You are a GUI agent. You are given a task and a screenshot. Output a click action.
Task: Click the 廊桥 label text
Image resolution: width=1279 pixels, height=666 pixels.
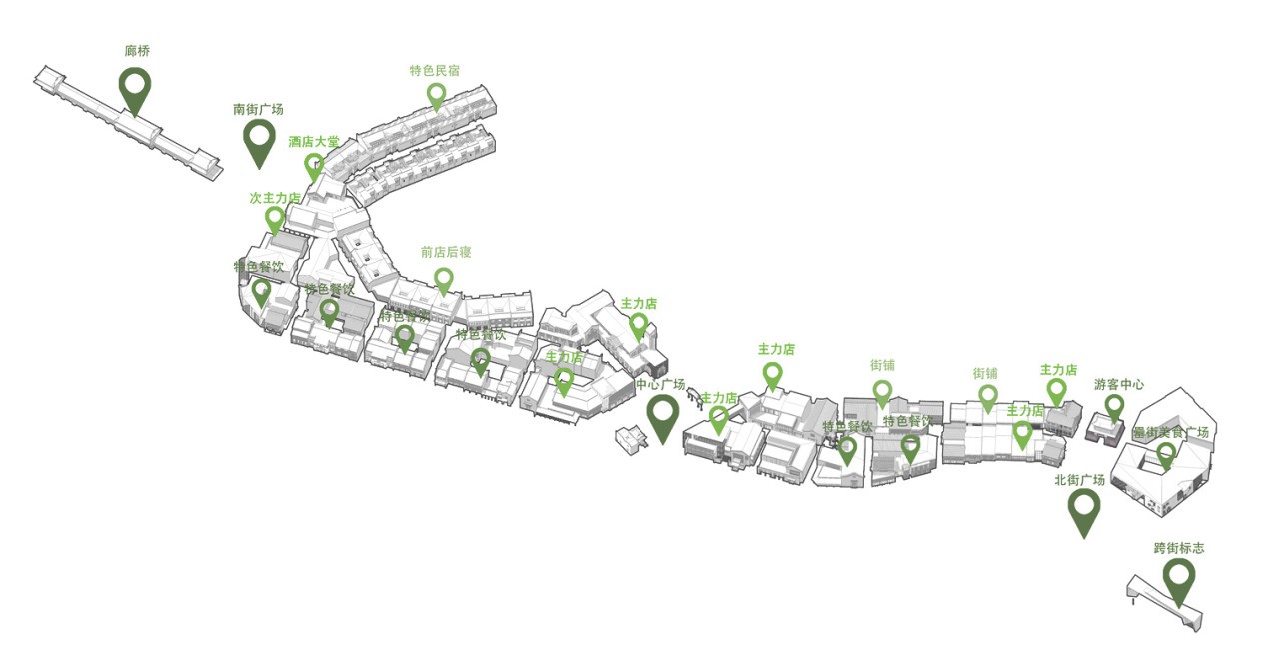click(x=138, y=50)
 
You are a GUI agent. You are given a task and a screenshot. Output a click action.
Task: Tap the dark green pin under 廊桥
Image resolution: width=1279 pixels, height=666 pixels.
click(x=135, y=88)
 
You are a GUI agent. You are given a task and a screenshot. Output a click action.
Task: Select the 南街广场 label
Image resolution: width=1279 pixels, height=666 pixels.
click(x=258, y=109)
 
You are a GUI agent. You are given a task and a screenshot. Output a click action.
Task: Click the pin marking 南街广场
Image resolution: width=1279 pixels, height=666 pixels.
click(x=259, y=140)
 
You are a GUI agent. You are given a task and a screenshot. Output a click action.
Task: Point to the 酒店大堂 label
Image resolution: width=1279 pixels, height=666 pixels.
click(x=314, y=142)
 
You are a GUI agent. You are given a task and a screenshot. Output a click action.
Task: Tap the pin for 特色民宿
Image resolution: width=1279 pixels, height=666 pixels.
click(x=436, y=95)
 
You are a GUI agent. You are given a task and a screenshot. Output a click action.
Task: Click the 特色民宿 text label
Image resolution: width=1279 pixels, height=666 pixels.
click(x=435, y=71)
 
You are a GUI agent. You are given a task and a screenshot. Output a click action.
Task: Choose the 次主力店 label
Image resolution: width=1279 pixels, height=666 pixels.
click(x=275, y=198)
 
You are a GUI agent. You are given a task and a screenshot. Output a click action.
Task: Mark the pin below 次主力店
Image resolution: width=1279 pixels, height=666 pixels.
click(x=275, y=219)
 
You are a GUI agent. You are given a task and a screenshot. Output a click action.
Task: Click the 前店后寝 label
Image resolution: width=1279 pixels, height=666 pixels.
click(x=446, y=252)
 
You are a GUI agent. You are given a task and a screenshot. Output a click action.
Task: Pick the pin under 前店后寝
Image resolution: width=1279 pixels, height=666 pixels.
click(x=444, y=279)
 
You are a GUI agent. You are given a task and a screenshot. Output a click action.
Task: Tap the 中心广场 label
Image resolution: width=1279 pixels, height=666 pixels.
click(x=660, y=384)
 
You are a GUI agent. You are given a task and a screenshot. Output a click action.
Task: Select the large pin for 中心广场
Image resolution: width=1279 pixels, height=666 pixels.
click(x=663, y=415)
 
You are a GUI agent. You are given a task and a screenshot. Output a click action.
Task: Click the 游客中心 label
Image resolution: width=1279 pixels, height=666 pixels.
click(x=1118, y=384)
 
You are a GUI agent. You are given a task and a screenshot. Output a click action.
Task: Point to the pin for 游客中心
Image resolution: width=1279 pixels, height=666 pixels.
click(x=1114, y=406)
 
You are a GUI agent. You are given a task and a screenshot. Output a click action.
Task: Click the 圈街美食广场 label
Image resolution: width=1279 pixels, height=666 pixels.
click(x=1170, y=433)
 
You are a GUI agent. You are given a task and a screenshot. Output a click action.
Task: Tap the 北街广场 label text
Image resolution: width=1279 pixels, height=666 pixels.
click(x=1079, y=480)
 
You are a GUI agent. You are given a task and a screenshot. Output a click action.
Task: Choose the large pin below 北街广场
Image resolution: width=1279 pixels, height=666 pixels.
click(x=1084, y=509)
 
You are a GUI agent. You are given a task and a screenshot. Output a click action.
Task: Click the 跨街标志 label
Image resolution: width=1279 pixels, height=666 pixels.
click(x=1179, y=548)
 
